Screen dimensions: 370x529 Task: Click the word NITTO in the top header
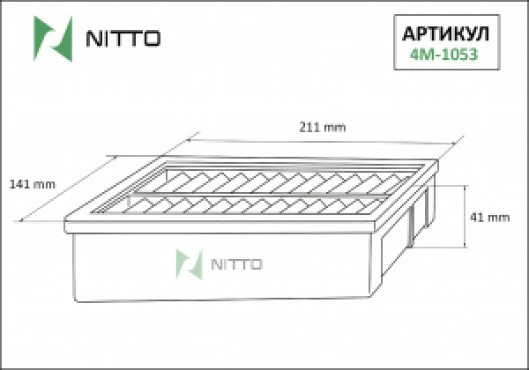pos(122,39)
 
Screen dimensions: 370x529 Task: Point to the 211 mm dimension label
pos(324,127)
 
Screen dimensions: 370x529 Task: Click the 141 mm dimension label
pos(32,184)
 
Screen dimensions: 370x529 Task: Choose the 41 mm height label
pos(493,217)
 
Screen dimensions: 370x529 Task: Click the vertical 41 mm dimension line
pos(466,217)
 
